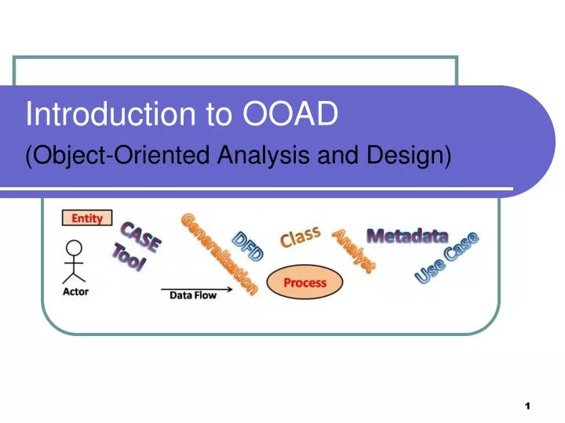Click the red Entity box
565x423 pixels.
tap(86, 219)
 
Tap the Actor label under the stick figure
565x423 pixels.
tap(76, 291)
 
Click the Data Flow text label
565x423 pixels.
tap(193, 296)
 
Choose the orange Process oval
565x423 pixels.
tap(305, 283)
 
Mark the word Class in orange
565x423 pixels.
tap(301, 236)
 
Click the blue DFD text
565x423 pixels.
tap(248, 247)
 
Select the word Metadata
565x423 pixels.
tap(407, 236)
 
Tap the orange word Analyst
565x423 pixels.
tap(354, 251)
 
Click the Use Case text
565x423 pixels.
tap(447, 258)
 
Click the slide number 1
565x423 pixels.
tap(527, 406)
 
